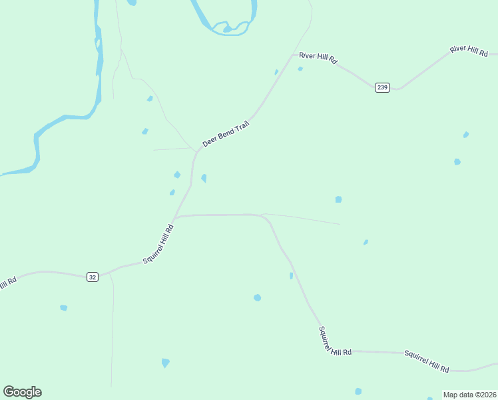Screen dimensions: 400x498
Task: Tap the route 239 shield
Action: (381, 87)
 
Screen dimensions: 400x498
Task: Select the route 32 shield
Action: (92, 277)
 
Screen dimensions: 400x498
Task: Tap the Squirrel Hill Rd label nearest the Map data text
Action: (427, 361)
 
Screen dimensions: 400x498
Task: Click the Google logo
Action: (22, 392)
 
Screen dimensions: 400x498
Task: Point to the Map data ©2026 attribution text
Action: (469, 395)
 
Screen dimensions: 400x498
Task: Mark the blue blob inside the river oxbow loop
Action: (227, 29)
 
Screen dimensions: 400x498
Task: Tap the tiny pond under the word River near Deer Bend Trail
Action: (300, 69)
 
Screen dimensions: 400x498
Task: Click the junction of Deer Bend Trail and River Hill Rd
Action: (292, 55)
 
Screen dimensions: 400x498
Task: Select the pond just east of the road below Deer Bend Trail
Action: (204, 178)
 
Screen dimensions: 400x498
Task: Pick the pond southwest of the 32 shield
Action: (63, 307)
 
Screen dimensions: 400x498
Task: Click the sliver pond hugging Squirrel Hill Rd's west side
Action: (291, 275)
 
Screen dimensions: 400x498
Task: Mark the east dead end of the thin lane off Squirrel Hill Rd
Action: (340, 224)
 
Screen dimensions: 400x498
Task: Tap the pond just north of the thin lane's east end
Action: (338, 199)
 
